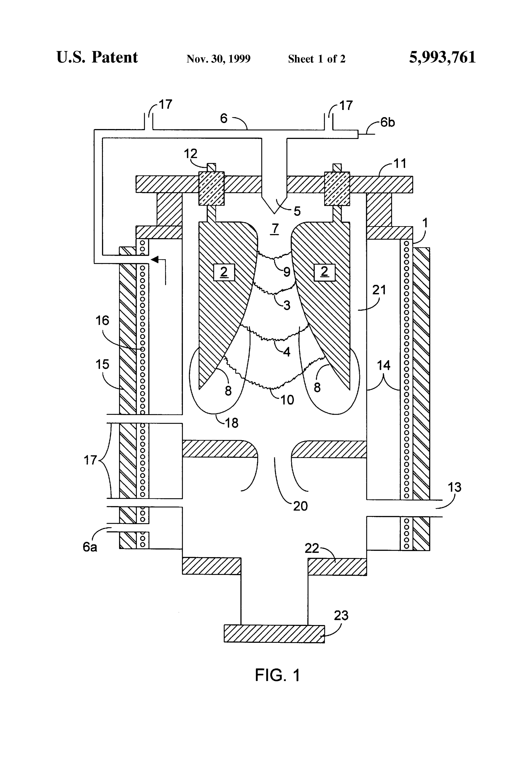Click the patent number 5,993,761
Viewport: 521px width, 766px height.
442,57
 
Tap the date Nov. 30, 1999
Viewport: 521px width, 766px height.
218,59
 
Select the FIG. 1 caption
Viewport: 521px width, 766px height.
277,675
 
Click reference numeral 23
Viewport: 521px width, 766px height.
341,615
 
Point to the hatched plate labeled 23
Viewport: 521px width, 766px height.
274,633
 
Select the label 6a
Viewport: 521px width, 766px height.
90,547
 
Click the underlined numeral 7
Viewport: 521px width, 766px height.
274,228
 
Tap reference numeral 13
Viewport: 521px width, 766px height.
455,487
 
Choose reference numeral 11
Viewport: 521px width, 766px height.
400,163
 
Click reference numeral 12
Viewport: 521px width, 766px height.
190,154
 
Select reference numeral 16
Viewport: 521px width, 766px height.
102,320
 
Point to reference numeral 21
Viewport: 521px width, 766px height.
379,290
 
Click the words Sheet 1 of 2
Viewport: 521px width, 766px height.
316,59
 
